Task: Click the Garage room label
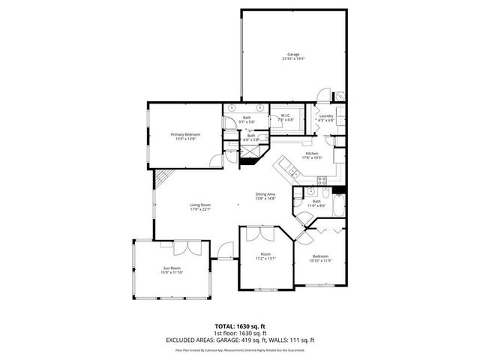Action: [294, 55]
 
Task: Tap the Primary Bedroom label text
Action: [185, 136]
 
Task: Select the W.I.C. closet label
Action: [286, 117]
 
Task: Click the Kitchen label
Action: [313, 155]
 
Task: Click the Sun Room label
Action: [172, 270]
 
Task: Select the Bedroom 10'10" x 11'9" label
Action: [321, 258]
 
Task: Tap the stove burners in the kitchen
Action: [322, 179]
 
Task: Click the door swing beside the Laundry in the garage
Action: [322, 96]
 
